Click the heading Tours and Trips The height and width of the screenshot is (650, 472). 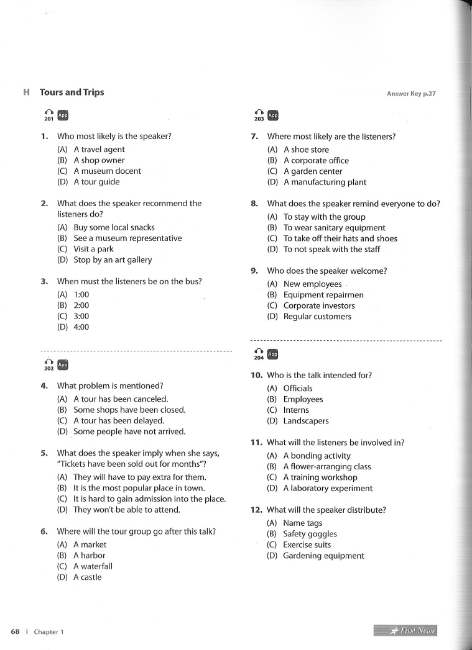[72, 93]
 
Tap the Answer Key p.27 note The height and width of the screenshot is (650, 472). [411, 94]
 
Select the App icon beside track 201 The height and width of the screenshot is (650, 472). [63, 115]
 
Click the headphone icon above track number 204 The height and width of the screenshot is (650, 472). [258, 353]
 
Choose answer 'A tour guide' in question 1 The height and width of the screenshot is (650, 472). [96, 182]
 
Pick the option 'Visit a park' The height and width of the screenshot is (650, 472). [93, 249]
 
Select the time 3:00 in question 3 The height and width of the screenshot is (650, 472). [81, 316]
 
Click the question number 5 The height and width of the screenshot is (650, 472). [44, 453]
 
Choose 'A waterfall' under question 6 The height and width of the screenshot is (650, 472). [93, 566]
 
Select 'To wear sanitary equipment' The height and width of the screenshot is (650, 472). [334, 228]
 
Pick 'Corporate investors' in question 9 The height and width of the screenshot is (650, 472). [319, 305]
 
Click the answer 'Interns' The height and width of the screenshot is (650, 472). [296, 410]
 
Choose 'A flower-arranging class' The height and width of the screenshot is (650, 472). [327, 466]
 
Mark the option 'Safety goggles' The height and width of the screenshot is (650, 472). [310, 534]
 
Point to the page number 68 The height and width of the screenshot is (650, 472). [16, 631]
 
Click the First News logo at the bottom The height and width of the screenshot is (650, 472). [405, 631]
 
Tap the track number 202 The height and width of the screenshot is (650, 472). [49, 369]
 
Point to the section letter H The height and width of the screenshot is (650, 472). [26, 93]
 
